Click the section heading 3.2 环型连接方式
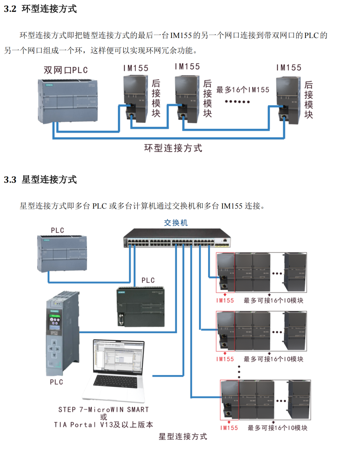tap(40, 9)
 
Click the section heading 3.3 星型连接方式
tap(40, 180)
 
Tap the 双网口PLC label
tap(66, 70)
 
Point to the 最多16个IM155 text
tap(243, 90)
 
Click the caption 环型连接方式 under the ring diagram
tap(173, 148)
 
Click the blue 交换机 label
tap(176, 223)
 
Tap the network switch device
tap(177, 238)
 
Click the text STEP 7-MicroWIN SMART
tap(103, 409)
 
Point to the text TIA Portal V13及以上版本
tap(103, 425)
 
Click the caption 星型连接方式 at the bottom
tap(183, 436)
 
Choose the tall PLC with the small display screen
tap(62, 334)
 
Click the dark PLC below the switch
tap(140, 306)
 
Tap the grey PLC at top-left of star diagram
tap(62, 253)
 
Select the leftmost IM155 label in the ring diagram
tap(136, 68)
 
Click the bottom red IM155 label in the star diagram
tap(229, 428)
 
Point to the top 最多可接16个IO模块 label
tap(273, 301)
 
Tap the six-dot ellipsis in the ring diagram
tap(237, 102)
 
